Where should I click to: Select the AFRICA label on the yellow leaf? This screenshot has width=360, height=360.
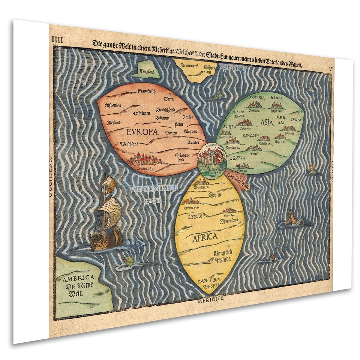pyautogui.click(x=205, y=237)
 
